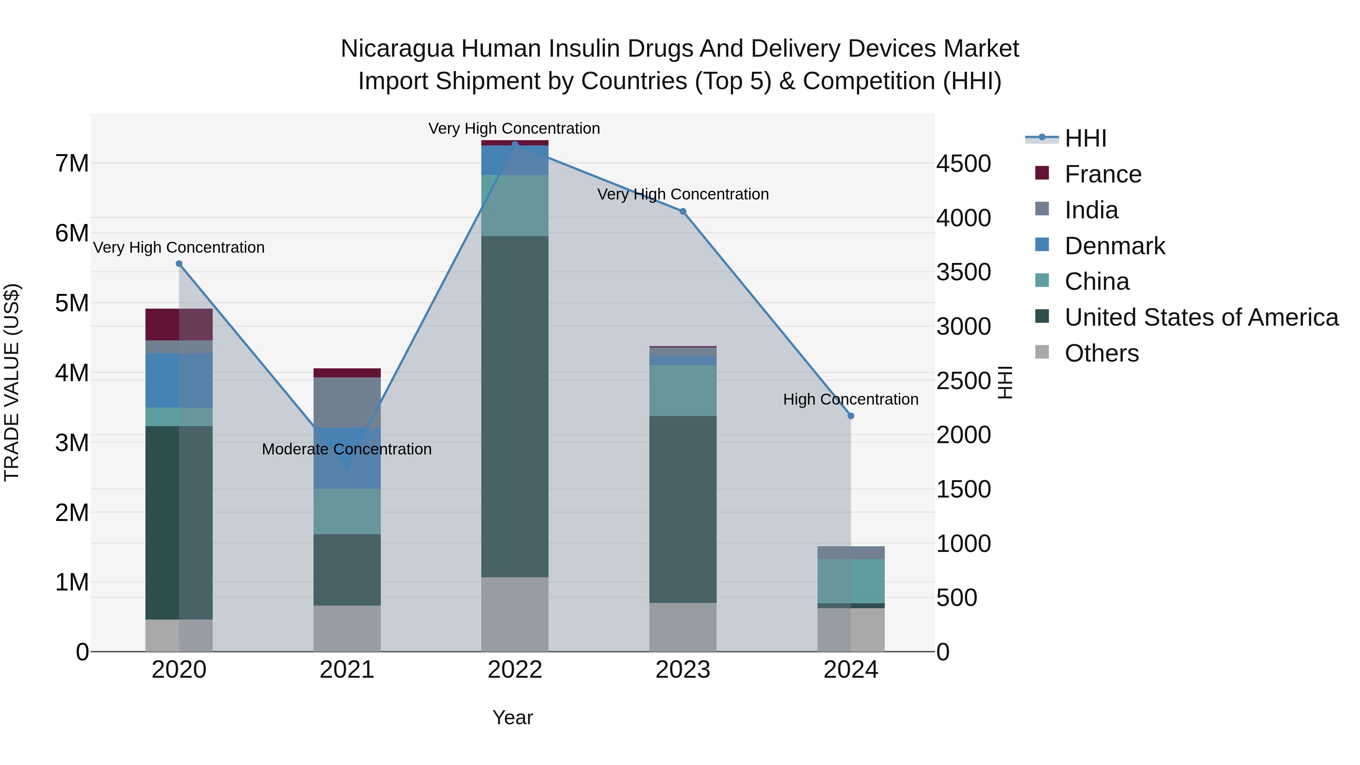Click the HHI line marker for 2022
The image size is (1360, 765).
click(x=515, y=145)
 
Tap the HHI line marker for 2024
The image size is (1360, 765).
click(x=850, y=416)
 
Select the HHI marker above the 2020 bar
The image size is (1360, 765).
click(x=179, y=264)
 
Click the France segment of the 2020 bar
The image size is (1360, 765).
click(x=179, y=324)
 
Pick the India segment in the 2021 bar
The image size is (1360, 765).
click(x=347, y=402)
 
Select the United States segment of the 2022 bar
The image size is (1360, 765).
click(x=515, y=406)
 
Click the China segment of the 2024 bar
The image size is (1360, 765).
click(x=850, y=581)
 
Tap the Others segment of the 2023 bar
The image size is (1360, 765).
click(x=683, y=627)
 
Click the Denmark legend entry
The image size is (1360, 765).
click(x=1114, y=246)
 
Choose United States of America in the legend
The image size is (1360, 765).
click(x=1201, y=317)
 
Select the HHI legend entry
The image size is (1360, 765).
click(x=1085, y=138)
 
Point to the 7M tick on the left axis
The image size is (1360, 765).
click(x=72, y=164)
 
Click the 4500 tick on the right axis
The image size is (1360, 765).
click(x=963, y=164)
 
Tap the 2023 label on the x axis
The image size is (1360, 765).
click(x=683, y=670)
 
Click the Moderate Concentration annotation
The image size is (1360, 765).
click(x=347, y=449)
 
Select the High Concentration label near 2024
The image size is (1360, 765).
click(x=850, y=399)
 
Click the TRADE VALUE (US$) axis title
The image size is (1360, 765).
click(x=12, y=382)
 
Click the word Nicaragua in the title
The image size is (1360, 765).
click(x=397, y=49)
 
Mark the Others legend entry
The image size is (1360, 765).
click(x=1101, y=353)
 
